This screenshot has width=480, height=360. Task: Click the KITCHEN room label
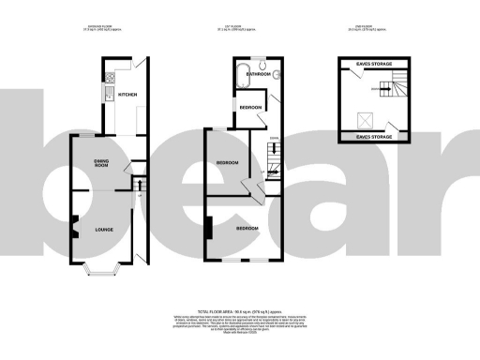127,94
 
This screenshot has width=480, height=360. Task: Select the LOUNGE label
102,229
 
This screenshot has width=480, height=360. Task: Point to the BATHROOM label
258,73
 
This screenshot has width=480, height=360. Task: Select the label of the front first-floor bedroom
247,229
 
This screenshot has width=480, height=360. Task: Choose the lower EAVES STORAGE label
377,137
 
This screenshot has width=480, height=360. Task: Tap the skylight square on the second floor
367,120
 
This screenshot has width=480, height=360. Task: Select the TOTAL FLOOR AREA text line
240,309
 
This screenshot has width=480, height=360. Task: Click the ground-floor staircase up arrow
140,187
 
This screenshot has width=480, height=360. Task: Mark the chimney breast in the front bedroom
209,228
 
